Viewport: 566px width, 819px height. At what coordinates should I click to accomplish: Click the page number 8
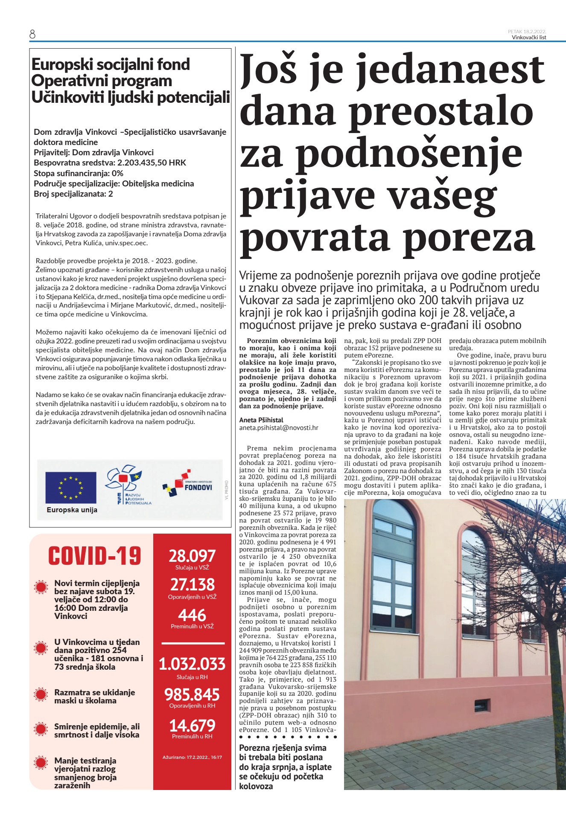coord(32,34)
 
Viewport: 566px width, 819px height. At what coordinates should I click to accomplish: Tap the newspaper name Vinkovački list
coord(529,38)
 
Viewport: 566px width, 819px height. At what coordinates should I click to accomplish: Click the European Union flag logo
coord(71,488)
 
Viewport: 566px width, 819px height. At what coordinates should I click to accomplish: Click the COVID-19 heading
coord(94,556)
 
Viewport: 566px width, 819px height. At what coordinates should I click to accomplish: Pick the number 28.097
coord(192,556)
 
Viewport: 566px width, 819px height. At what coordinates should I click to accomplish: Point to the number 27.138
coord(192,584)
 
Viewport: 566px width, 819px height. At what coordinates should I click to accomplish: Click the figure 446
coord(192,615)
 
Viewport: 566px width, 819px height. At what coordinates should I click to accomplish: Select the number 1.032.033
coord(192,664)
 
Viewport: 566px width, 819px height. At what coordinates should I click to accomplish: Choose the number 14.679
coord(192,726)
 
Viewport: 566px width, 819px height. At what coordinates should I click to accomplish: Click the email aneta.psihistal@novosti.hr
coord(278,427)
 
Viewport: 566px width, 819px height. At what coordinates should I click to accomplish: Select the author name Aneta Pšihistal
coord(261,420)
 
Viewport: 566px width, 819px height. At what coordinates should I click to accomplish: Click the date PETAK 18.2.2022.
coord(527,32)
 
